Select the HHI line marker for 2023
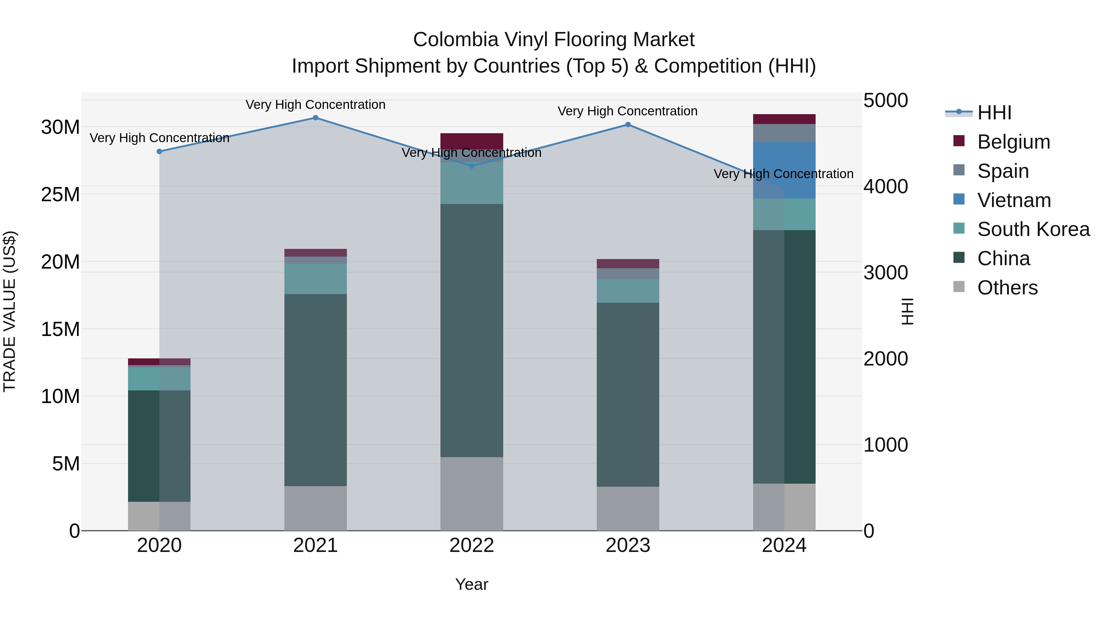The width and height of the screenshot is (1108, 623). tap(628, 125)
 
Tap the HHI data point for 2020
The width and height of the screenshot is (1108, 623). tap(159, 151)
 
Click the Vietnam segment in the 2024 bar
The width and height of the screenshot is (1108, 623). tap(784, 170)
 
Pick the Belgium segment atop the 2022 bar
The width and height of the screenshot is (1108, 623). tap(472, 141)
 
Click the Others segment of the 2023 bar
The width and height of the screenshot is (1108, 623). tap(628, 508)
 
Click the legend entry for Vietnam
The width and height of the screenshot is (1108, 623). tap(1014, 200)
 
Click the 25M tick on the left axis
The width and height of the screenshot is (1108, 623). tap(60, 195)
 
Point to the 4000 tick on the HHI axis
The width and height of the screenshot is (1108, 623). tap(885, 187)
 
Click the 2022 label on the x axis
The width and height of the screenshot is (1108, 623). tap(472, 545)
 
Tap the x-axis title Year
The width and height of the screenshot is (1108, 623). tap(472, 584)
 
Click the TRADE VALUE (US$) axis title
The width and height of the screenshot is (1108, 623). tap(10, 311)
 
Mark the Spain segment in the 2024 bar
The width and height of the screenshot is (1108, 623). tap(784, 133)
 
